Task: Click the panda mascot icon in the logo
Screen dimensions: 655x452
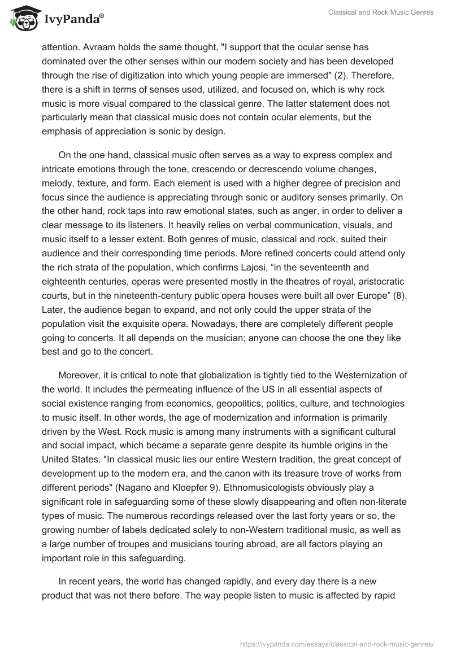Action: point(21,18)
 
